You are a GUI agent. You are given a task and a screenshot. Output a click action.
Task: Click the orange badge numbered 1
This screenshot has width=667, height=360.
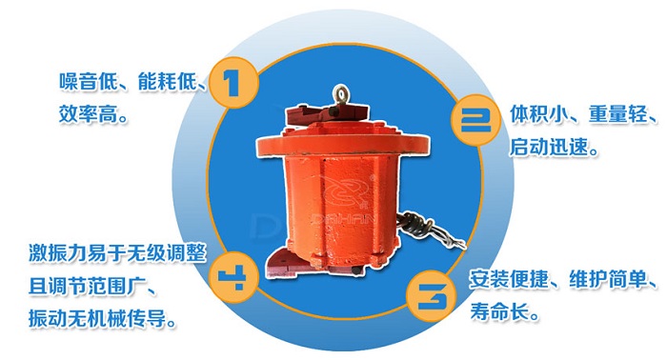235,83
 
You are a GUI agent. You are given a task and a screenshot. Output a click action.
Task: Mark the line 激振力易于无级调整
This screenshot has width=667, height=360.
113,253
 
